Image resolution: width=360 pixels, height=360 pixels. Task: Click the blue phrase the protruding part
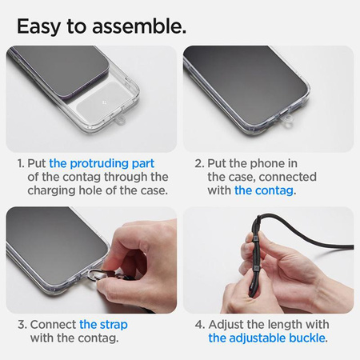tap(102, 164)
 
